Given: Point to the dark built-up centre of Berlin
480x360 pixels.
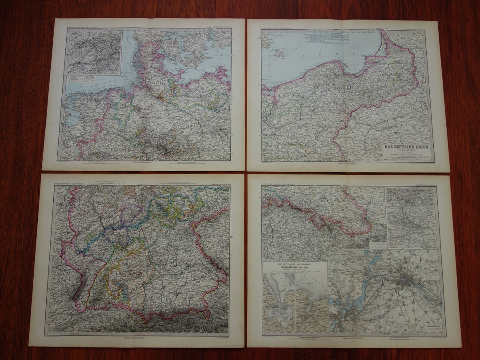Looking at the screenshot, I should point(407,280).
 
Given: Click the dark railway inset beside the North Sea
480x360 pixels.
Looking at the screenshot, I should point(94,52).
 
